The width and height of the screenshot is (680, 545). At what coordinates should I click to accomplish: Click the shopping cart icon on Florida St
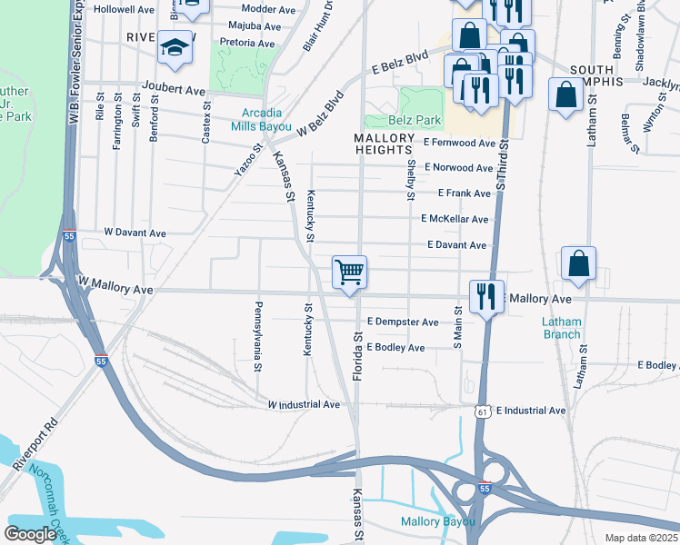[350, 272]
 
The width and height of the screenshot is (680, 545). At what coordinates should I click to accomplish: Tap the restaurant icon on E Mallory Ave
[486, 296]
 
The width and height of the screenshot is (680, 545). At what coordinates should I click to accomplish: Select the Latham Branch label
[561, 328]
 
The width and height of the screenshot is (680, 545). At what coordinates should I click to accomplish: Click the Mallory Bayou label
[439, 521]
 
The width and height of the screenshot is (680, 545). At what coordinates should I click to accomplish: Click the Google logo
[31, 534]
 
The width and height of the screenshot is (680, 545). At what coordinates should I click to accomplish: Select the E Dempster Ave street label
[403, 322]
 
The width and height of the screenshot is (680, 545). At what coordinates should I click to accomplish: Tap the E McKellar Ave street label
[455, 219]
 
